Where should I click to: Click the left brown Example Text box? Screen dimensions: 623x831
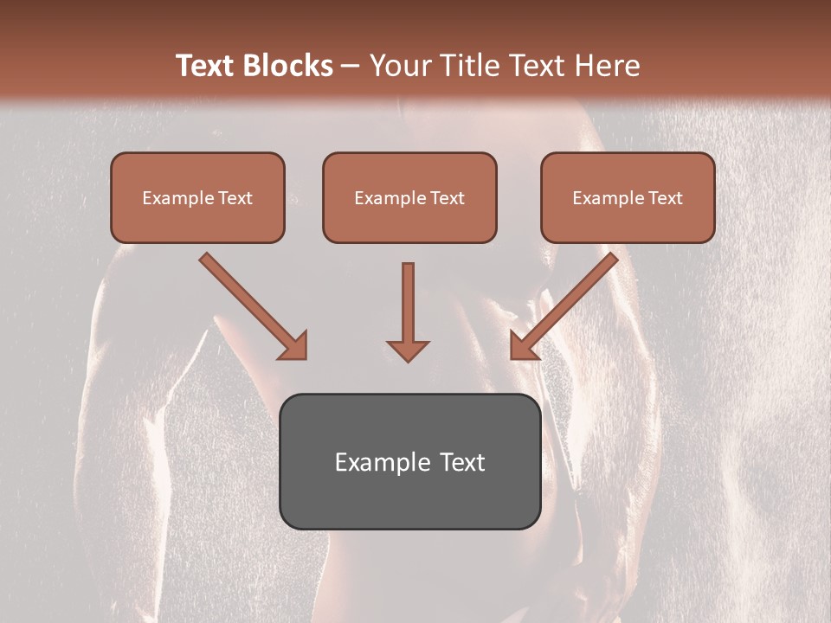(197, 197)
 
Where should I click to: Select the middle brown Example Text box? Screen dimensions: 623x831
(409, 197)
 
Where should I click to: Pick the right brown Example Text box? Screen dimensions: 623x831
(628, 197)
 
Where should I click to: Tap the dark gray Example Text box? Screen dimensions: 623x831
(409, 461)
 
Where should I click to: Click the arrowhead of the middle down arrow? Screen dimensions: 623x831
(408, 350)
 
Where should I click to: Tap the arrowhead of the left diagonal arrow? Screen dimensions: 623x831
(294, 347)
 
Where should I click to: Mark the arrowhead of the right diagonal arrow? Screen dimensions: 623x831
(523, 347)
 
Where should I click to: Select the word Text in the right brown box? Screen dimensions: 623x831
(666, 198)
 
